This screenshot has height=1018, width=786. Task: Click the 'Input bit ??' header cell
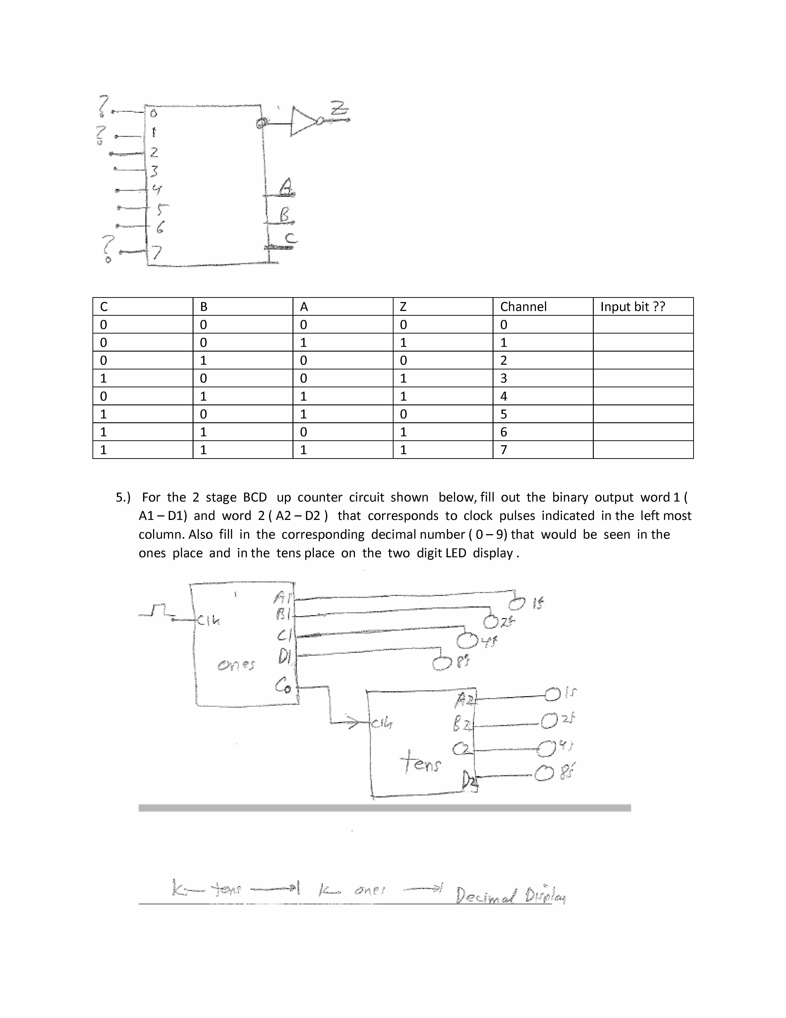[632, 307]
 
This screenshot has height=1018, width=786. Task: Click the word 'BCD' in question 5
[255, 497]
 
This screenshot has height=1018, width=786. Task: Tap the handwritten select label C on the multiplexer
[290, 238]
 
